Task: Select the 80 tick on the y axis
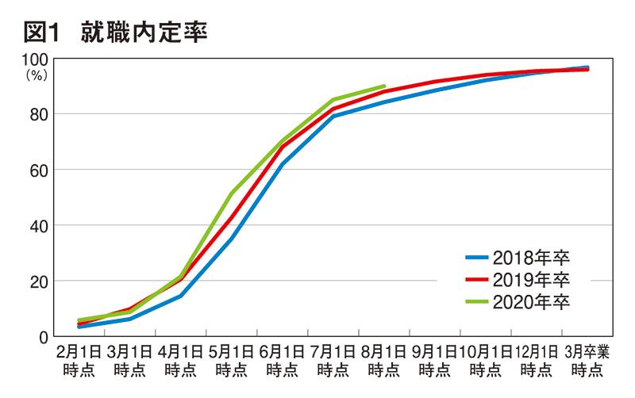click(x=40, y=114)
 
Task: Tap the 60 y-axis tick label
click(x=40, y=170)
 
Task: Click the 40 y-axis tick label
click(x=40, y=225)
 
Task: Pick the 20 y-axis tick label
click(x=40, y=281)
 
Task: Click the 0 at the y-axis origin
click(x=44, y=336)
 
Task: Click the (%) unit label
click(x=37, y=75)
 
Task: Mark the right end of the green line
click(x=384, y=86)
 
